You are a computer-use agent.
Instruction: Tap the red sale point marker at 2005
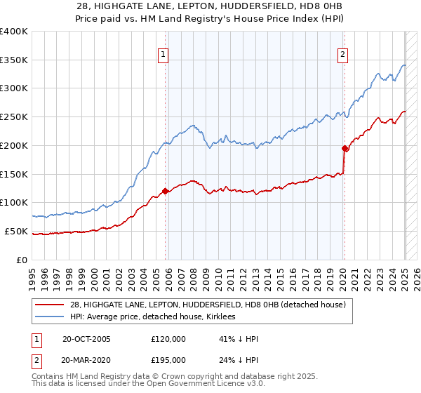(166, 191)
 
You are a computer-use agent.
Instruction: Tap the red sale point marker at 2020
(345, 148)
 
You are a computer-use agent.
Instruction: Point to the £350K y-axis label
(14, 60)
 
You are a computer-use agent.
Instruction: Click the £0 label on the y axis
(22, 260)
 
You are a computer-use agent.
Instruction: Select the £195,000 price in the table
(168, 360)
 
